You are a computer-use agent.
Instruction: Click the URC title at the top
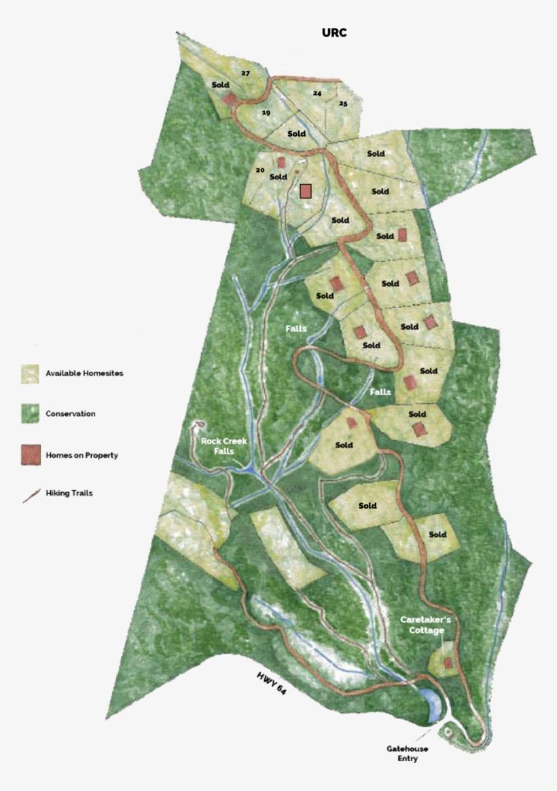point(334,33)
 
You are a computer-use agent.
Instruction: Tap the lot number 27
point(245,73)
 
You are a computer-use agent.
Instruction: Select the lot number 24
point(317,94)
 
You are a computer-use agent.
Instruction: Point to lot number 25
point(343,104)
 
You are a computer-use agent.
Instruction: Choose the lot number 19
point(266,113)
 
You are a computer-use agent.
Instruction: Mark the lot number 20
point(259,170)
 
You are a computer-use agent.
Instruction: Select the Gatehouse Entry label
point(404,753)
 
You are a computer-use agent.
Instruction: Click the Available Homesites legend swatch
point(30,373)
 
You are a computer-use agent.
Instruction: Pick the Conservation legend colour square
point(30,413)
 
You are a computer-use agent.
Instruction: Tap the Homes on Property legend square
point(30,455)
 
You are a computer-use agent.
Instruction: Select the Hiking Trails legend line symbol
point(30,494)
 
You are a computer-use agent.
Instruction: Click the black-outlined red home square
point(306,191)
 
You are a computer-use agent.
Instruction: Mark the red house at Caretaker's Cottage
point(448,663)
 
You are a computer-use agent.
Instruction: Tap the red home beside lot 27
point(230,99)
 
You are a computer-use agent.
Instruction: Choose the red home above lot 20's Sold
point(281,163)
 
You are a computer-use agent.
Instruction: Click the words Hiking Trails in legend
point(69,494)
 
